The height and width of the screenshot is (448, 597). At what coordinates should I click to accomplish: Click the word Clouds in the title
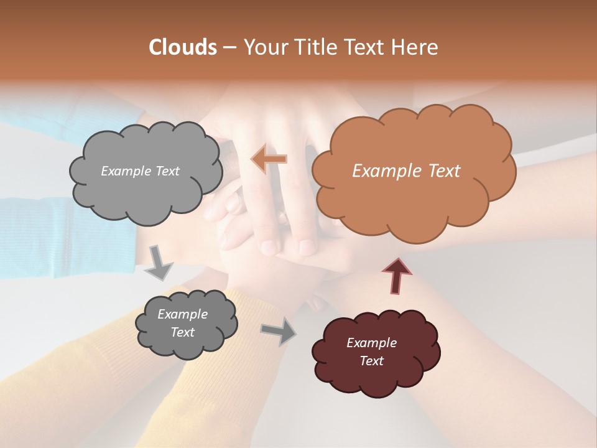182,47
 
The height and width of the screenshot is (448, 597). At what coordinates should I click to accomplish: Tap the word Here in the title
415,47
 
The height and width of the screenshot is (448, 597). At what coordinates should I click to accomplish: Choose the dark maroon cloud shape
376,380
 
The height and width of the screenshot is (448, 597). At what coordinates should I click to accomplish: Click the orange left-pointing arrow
269,159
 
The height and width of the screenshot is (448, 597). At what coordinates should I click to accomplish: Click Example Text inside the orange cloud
406,171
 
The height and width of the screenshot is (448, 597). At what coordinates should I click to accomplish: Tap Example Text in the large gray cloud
140,171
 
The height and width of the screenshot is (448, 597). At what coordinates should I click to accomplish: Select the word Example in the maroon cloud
371,343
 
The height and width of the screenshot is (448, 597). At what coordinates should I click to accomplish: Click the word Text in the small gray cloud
182,332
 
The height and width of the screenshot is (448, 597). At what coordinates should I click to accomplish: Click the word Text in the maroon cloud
371,361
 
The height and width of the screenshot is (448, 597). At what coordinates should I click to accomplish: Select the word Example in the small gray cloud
182,314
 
